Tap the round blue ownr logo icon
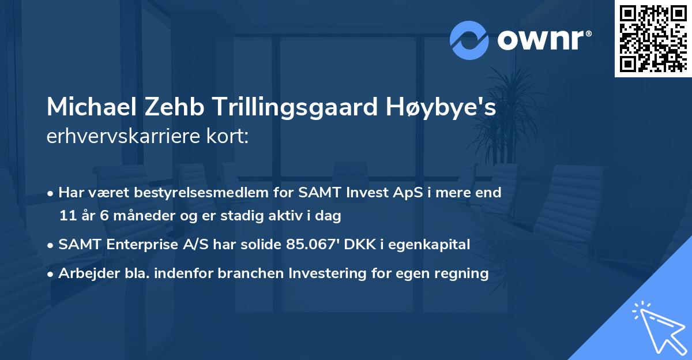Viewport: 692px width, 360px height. point(469,40)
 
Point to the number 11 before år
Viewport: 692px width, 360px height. point(67,216)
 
